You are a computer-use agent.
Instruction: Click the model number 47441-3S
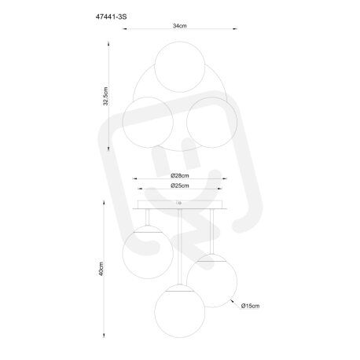point(111,17)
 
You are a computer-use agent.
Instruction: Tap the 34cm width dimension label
point(180,26)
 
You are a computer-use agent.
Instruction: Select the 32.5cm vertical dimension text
point(105,96)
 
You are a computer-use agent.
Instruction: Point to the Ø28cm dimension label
point(180,175)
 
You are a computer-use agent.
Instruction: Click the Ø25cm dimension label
point(180,186)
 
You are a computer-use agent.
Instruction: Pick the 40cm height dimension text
point(101,269)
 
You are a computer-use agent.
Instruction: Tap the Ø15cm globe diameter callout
point(251,306)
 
